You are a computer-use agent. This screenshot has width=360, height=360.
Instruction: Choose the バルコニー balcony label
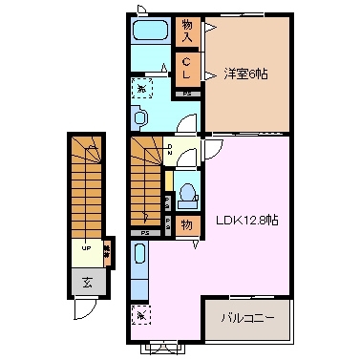(246, 317)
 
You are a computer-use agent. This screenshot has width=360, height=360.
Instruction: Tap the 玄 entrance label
(87, 282)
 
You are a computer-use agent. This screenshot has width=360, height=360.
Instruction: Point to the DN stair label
(169, 149)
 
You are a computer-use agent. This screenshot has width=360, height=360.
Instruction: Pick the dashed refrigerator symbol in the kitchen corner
(139, 311)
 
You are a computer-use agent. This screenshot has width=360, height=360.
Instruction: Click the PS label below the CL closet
(187, 93)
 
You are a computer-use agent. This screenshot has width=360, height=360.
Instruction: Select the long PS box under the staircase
(146, 232)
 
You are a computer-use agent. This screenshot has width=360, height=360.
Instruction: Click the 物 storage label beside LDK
(187, 226)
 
